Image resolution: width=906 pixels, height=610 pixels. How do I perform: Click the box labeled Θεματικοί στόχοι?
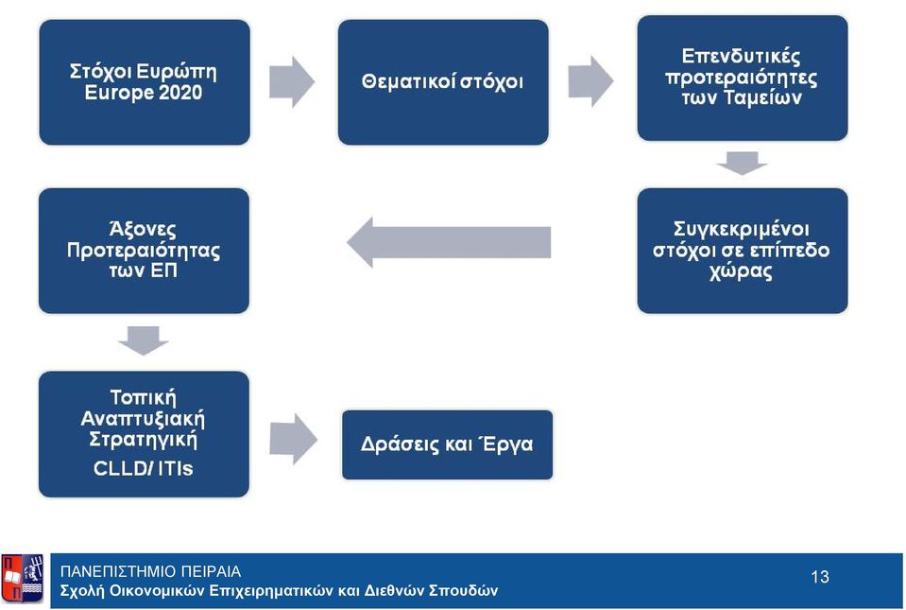pyautogui.click(x=443, y=82)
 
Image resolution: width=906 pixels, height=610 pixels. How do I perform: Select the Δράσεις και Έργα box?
pyautogui.click(x=447, y=444)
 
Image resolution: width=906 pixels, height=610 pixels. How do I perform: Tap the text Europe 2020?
pyautogui.click(x=144, y=93)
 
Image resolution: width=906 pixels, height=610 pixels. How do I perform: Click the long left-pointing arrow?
pyautogui.click(x=449, y=242)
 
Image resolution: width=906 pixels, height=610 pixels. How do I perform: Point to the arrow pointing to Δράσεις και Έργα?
pyautogui.click(x=293, y=439)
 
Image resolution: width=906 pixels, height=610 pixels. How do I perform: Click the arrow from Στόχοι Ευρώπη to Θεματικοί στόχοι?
pyautogui.click(x=292, y=81)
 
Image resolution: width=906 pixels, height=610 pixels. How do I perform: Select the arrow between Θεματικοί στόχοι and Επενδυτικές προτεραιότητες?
pyautogui.click(x=590, y=81)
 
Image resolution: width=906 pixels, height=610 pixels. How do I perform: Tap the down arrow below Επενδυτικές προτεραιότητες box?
pyautogui.click(x=742, y=163)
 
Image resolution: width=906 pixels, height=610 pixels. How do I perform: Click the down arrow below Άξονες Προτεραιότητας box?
pyautogui.click(x=144, y=340)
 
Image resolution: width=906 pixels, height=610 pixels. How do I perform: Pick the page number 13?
pyautogui.click(x=820, y=577)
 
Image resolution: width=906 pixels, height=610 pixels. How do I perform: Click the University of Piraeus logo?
pyautogui.click(x=22, y=579)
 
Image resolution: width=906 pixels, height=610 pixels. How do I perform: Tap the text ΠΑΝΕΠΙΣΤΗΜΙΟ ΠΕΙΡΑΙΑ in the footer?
pyautogui.click(x=151, y=571)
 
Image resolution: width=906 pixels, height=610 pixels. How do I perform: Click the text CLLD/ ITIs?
pyautogui.click(x=143, y=468)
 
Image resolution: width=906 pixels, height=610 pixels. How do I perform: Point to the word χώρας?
pyautogui.click(x=741, y=271)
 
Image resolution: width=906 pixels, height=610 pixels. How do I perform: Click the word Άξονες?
pyautogui.click(x=143, y=229)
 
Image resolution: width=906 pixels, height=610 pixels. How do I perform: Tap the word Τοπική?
pyautogui.click(x=143, y=397)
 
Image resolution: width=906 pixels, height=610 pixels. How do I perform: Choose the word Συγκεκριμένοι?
pyautogui.click(x=742, y=229)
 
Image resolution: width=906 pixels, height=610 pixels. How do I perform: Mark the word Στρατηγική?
pyautogui.click(x=143, y=440)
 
